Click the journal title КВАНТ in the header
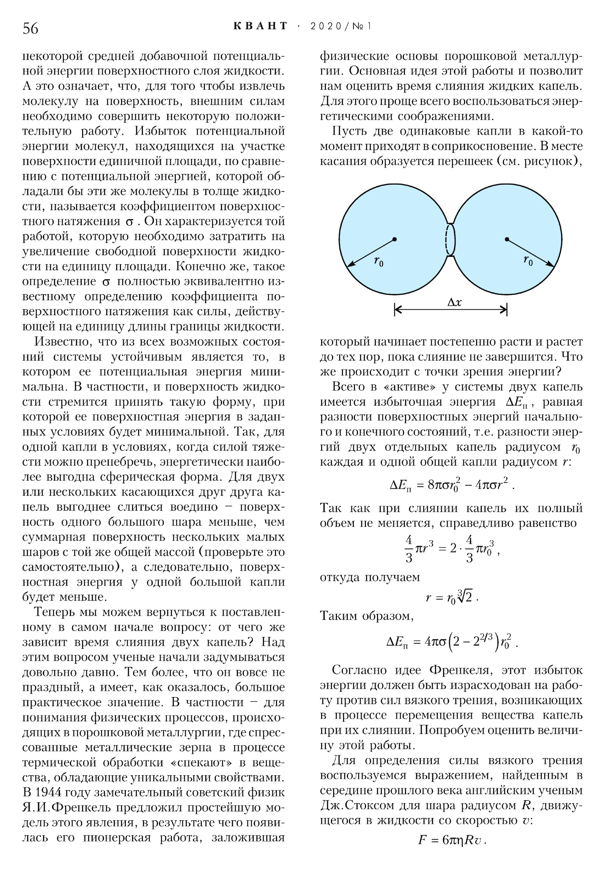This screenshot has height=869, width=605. [261, 26]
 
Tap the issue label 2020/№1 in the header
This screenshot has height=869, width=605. [341, 26]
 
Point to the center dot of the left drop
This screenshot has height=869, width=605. [394, 239]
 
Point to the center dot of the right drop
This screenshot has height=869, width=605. [507, 239]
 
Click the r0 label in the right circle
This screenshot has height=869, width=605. [528, 260]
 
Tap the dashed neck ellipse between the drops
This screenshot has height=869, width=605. [450, 240]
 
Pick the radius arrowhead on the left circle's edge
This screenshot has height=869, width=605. [350, 265]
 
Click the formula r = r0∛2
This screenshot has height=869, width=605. [452, 597]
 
